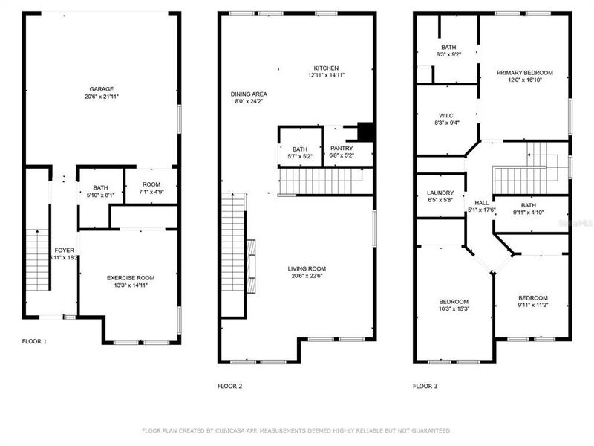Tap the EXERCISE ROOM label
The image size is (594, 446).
(x=130, y=277)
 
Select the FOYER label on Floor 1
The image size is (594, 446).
(x=65, y=251)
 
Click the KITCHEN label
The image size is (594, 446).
(x=326, y=68)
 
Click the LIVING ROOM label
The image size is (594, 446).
(x=307, y=269)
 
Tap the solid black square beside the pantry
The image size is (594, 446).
(x=365, y=131)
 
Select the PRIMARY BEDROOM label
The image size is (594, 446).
(x=525, y=72)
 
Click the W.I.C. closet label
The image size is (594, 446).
(x=446, y=116)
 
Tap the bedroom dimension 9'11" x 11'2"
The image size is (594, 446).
(x=532, y=305)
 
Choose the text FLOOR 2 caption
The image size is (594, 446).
(x=229, y=386)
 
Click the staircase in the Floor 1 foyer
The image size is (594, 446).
(x=37, y=260)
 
